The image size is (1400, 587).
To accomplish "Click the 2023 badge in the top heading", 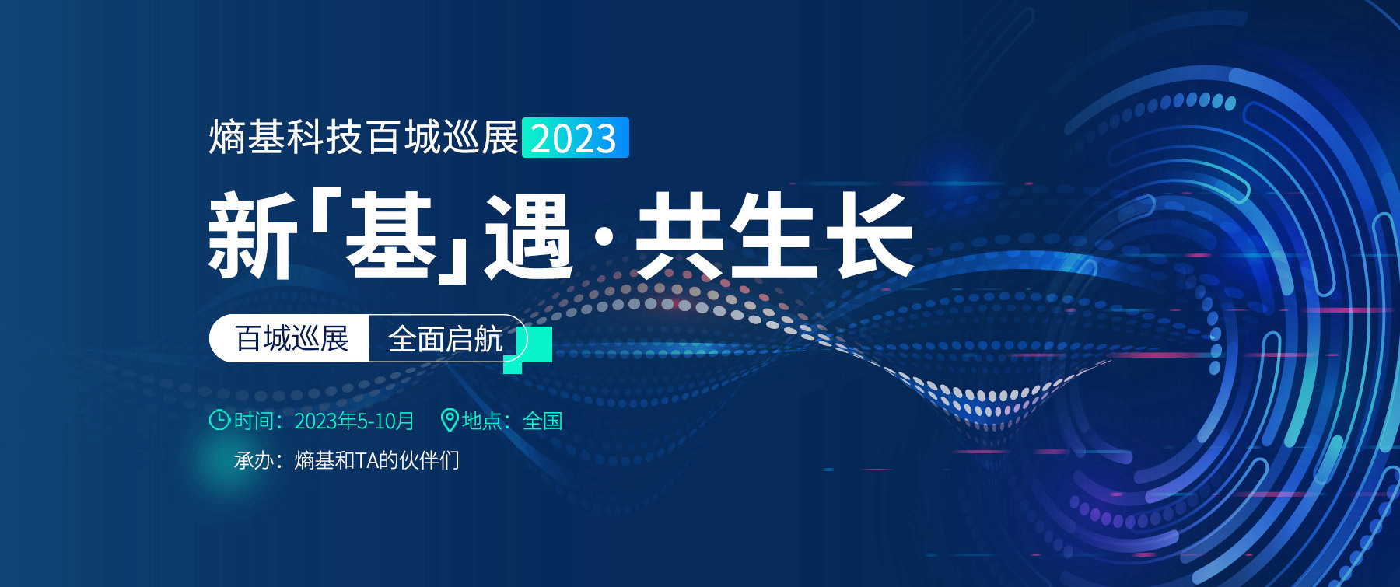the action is [575, 138].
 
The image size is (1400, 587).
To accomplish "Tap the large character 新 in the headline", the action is [252, 235].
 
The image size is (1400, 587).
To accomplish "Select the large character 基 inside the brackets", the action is [390, 235].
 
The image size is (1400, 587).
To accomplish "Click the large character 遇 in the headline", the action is [529, 235].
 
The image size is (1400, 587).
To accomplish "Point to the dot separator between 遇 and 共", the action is [604, 236].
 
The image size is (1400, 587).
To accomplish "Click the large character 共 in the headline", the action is [680, 235].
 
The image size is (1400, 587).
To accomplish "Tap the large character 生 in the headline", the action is [775, 235].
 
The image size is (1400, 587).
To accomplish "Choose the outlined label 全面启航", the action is [447, 338].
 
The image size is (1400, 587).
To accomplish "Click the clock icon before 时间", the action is [219, 420].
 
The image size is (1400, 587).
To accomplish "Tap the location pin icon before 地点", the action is [450, 420].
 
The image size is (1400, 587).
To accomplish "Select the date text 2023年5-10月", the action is [354, 421].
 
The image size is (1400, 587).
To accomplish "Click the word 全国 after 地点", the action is [542, 421].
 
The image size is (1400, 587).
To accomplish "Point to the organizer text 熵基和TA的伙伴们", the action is [376, 460].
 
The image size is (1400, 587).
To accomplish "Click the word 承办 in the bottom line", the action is [254, 460].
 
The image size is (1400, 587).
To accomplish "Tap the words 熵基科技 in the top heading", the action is [285, 138].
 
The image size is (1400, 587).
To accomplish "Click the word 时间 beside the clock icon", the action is [254, 421].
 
